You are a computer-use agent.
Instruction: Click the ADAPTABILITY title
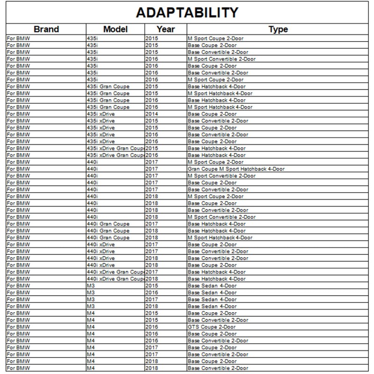(187, 12)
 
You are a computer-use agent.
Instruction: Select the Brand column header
(46, 29)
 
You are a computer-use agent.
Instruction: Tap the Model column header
(115, 29)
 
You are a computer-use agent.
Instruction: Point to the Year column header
(166, 29)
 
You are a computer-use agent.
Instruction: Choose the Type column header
(278, 29)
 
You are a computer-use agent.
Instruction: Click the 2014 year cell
(152, 114)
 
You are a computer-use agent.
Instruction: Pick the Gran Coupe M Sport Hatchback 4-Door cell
(236, 169)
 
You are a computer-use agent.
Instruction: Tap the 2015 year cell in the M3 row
(152, 286)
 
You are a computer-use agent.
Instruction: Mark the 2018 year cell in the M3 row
(152, 306)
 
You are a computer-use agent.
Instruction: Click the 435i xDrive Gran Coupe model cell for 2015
(115, 148)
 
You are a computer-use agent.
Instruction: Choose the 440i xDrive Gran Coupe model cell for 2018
(115, 279)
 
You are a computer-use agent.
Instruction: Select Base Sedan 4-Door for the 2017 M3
(212, 300)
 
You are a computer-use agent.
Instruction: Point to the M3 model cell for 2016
(91, 293)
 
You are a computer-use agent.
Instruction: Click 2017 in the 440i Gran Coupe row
(152, 224)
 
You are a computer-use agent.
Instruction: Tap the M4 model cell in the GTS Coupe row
(91, 327)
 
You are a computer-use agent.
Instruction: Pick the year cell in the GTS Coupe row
(152, 327)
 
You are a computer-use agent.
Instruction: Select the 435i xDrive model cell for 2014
(101, 114)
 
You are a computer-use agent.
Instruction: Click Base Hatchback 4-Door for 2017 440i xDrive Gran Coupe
(216, 272)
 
